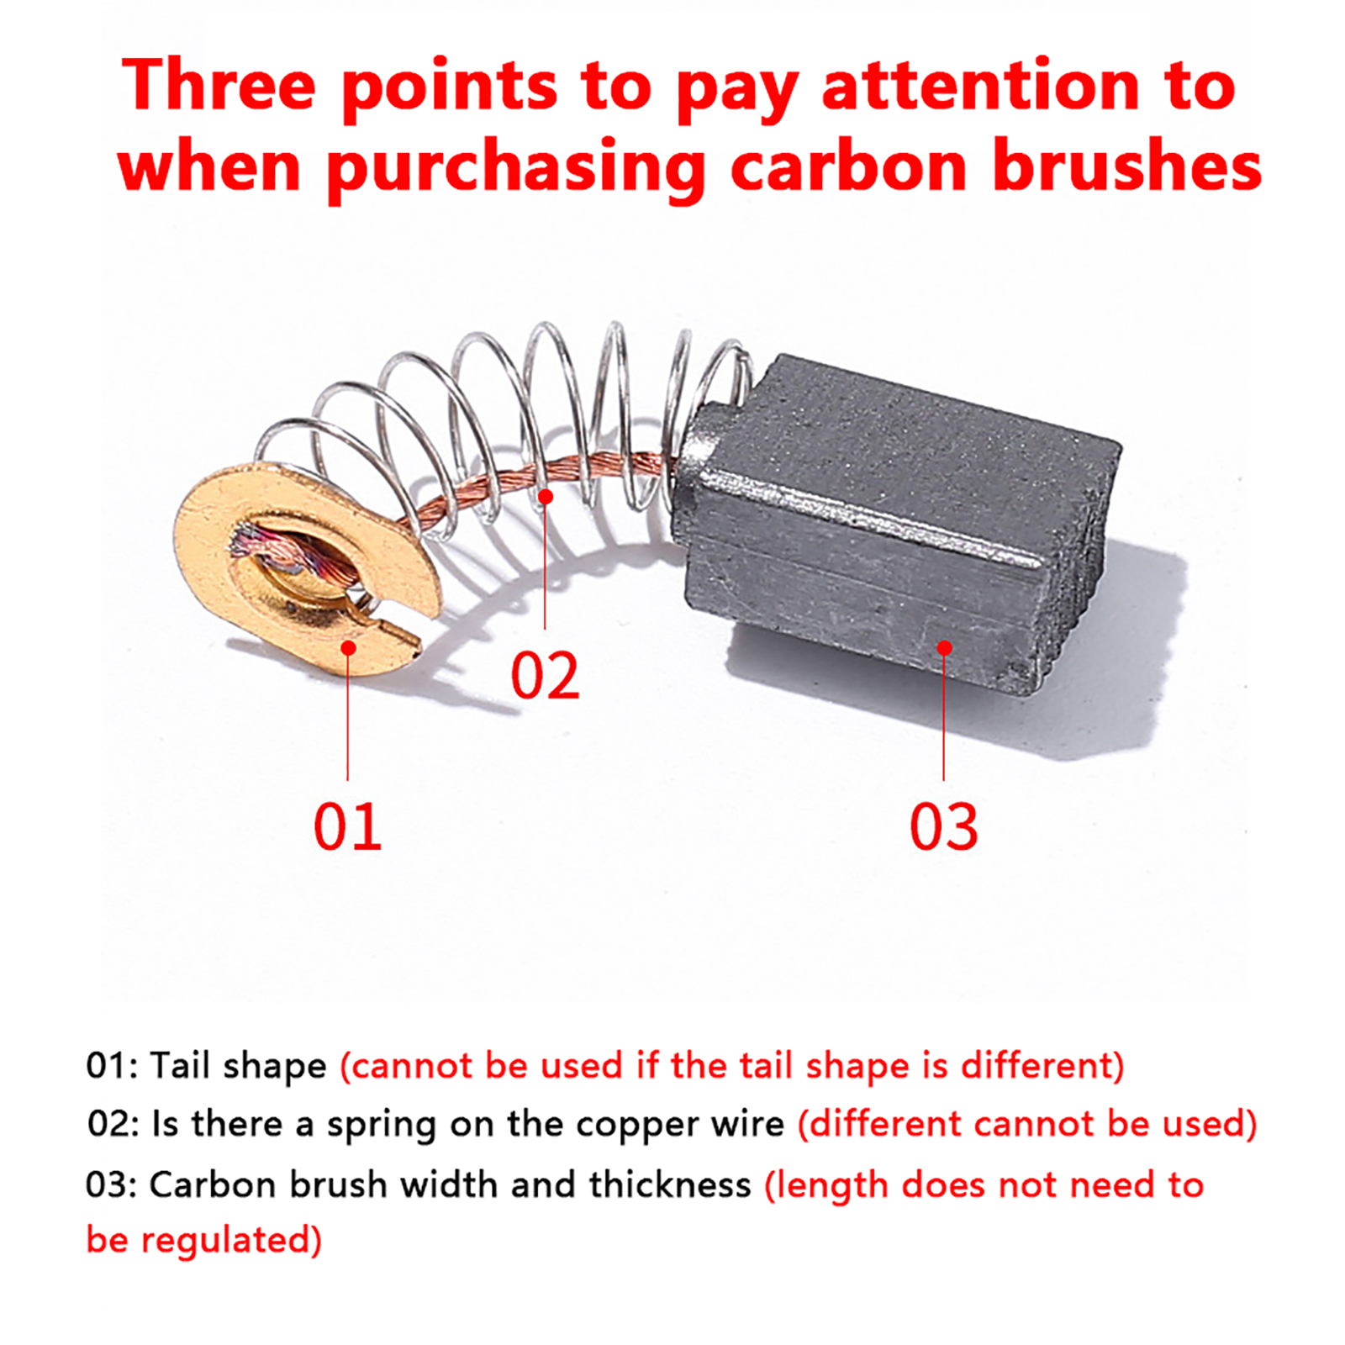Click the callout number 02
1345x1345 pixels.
click(x=545, y=676)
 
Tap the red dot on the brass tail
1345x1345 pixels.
click(x=348, y=647)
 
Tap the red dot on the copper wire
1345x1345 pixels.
click(x=546, y=497)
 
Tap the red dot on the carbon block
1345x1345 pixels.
click(x=944, y=647)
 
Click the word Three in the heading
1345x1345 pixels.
click(x=219, y=86)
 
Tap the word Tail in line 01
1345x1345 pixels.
click(x=179, y=1065)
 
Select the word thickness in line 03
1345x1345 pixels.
click(x=670, y=1184)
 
